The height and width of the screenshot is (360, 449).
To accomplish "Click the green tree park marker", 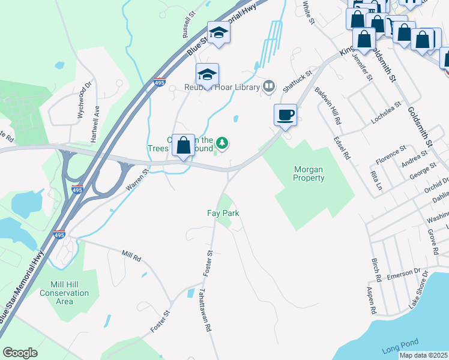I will (223, 142).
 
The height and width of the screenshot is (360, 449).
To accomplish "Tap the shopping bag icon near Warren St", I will (184, 145).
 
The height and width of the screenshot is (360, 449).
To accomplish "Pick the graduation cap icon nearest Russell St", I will (219, 33).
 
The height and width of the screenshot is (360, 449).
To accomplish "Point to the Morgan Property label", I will (309, 174).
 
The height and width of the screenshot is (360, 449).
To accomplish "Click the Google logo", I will (20, 352).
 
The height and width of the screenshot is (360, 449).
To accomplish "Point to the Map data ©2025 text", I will (423, 355).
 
